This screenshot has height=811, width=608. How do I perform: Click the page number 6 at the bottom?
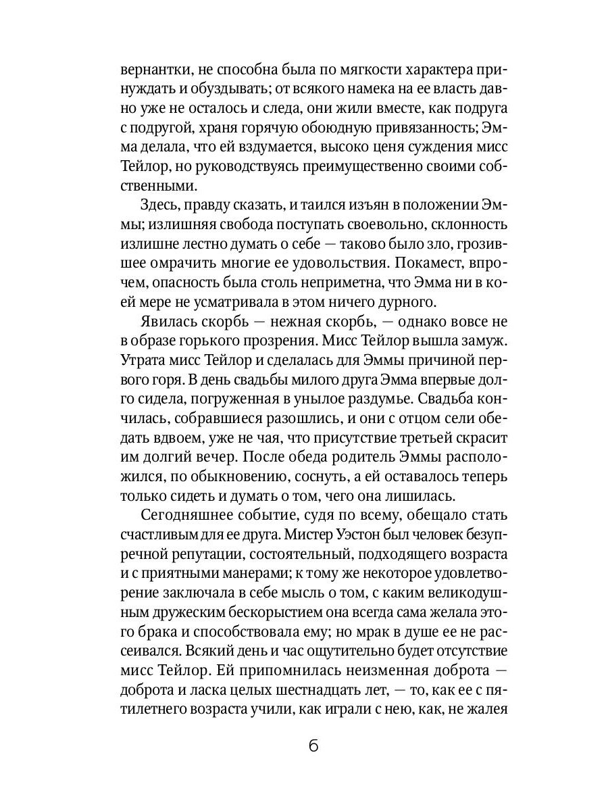pos(312,747)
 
